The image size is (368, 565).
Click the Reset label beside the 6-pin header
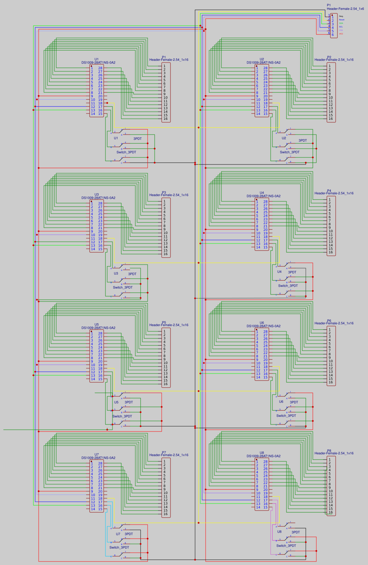(x=342, y=20)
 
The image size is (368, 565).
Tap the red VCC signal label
(x=341, y=34)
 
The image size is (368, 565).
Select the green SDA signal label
(x=341, y=23)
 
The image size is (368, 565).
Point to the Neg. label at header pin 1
(x=341, y=16)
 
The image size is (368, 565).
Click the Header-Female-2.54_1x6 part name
(x=345, y=9)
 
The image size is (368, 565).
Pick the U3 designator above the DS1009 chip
(x=97, y=194)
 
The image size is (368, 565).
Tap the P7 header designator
(x=164, y=453)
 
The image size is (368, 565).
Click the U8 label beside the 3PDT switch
(x=279, y=532)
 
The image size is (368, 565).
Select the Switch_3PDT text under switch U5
(x=122, y=416)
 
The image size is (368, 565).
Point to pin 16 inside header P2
(x=330, y=119)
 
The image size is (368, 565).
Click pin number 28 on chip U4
(x=265, y=202)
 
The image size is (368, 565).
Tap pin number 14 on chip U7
(x=93, y=509)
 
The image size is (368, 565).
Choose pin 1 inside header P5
(x=164, y=331)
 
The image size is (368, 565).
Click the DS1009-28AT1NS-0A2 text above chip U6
(x=263, y=326)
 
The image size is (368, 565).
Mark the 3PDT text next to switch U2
(x=303, y=141)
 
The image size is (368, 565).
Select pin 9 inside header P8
(x=329, y=488)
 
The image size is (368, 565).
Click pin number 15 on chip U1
(x=100, y=114)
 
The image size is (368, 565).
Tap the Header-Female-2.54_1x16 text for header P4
(x=334, y=193)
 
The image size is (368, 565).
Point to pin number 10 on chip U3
(x=93, y=235)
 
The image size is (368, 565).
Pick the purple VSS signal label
(x=341, y=30)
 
